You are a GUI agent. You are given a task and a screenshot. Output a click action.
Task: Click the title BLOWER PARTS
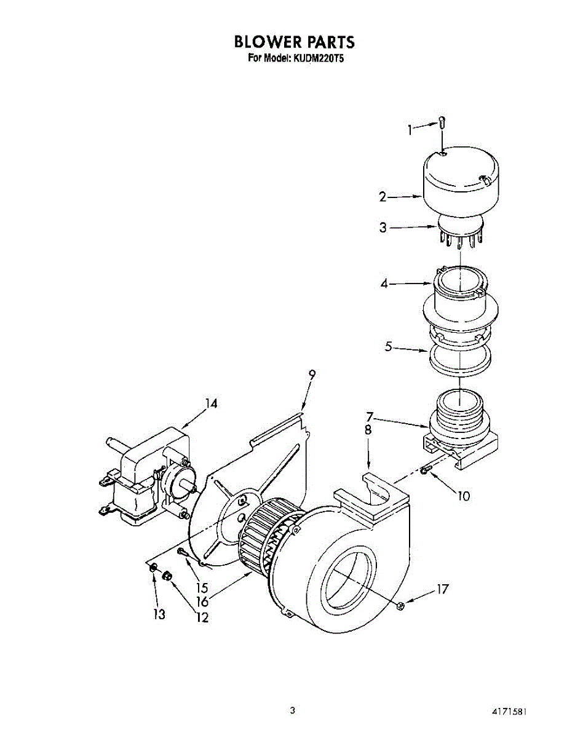[294, 42]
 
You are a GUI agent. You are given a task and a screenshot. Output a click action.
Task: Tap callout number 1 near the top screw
[410, 129]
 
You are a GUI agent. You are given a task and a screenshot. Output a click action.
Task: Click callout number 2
[383, 197]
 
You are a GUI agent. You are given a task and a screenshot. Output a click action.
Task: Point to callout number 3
[383, 228]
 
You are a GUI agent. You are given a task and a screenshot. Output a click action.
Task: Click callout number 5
[389, 347]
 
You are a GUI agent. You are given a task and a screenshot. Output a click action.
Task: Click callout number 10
[463, 495]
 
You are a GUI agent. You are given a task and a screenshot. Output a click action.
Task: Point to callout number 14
[211, 404]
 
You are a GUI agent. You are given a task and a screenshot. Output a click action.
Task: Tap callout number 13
[160, 614]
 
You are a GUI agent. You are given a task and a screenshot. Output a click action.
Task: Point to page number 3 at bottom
[293, 710]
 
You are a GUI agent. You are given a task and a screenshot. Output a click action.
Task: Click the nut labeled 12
[167, 576]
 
